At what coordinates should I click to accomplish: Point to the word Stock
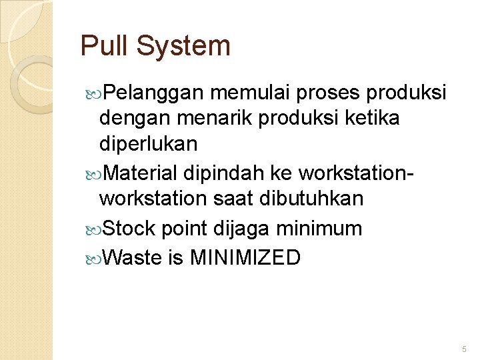[x=130, y=229]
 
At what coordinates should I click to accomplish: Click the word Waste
[x=133, y=257]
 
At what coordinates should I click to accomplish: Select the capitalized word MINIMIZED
[x=245, y=257]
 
